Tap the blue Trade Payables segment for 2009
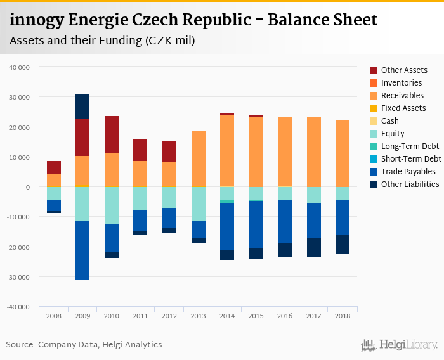pos(82,250)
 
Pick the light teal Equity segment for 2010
pos(112,205)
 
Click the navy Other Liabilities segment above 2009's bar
pos(82,106)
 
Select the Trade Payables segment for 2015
pos(256,224)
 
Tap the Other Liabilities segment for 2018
pos(343,244)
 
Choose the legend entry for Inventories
pos(401,83)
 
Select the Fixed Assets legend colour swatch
pos(374,108)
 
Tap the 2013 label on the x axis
pos(198,315)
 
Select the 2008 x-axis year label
pos(54,315)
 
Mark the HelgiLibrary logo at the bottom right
pos(399,345)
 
